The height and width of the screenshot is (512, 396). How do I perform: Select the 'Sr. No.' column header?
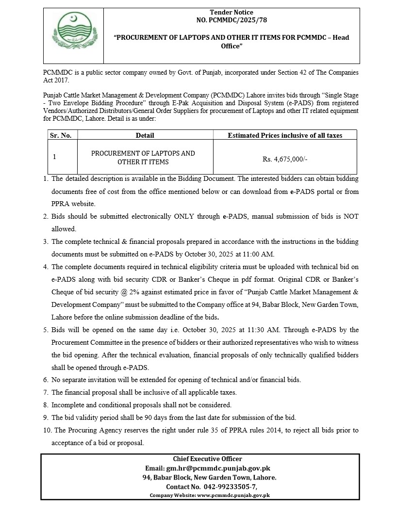pos(60,135)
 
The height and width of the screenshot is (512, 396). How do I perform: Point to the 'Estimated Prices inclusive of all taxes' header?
pos(285,135)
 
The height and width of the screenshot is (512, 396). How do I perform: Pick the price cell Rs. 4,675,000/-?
pos(285,158)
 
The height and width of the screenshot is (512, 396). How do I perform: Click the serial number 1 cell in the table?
pos(55,157)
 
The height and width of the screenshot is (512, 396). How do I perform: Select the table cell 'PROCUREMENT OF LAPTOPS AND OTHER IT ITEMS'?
pos(143,158)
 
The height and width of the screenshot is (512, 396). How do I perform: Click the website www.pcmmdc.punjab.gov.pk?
pos(233,496)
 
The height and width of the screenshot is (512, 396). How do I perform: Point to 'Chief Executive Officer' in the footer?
pos(207,459)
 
